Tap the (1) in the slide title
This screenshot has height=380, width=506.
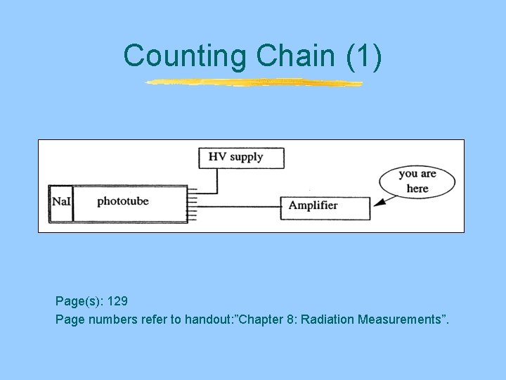point(364,57)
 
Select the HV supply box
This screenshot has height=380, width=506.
point(241,158)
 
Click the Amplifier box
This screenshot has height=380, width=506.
point(325,207)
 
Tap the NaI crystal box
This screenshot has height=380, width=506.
point(61,203)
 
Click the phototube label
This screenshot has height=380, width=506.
point(122,202)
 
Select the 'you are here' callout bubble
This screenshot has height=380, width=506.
point(417,181)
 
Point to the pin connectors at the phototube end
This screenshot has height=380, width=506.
point(193,203)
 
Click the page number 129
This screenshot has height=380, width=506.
point(117,301)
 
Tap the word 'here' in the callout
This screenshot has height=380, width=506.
point(417,189)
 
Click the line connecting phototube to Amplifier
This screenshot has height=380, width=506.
point(239,207)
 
